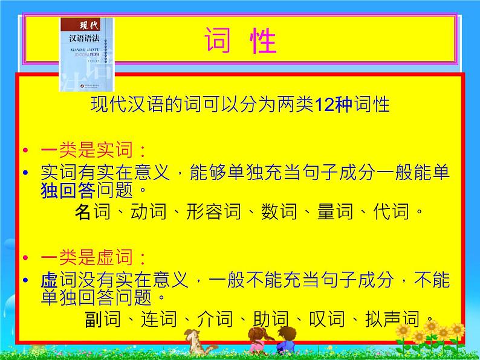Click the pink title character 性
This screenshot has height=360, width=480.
pos(262,42)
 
